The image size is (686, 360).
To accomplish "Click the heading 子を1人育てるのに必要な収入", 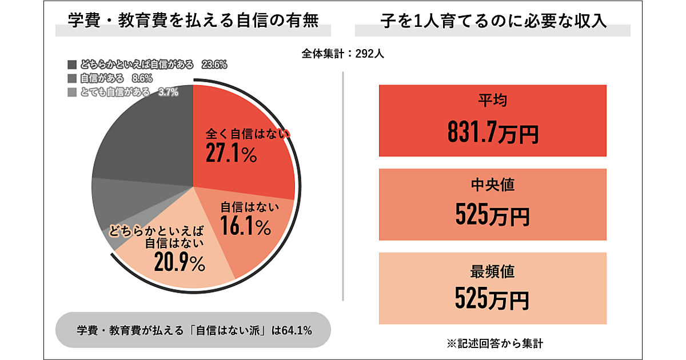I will [493, 21].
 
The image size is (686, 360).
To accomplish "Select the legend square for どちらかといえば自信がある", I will [71, 65].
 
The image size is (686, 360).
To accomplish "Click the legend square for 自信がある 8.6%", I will [71, 78].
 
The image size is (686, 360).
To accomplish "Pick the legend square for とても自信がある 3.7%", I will [71, 92].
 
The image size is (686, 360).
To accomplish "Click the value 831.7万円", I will [492, 133].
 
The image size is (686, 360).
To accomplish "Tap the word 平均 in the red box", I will [492, 101].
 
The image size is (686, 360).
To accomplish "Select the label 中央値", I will [492, 186].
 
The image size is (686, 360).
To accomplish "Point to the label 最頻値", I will [492, 271].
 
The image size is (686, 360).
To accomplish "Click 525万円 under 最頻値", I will [492, 298].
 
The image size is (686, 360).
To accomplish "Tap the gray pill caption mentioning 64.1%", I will [193, 330].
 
